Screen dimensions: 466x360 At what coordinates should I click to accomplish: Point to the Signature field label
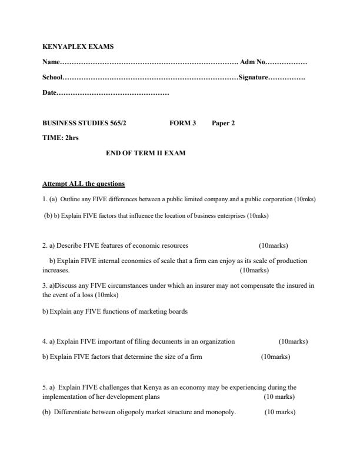point(253,77)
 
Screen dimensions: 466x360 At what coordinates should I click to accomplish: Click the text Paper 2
point(224,123)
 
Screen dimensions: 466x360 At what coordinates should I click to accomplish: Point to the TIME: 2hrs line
point(61,138)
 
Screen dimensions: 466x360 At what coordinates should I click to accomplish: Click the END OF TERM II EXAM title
point(145,153)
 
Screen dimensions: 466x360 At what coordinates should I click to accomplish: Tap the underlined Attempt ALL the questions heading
point(84,184)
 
